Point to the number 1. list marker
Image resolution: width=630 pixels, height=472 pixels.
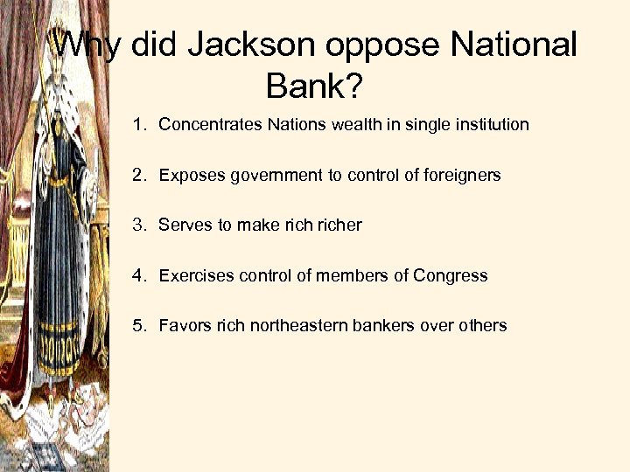(x=140, y=125)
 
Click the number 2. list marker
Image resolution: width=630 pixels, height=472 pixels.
(x=140, y=176)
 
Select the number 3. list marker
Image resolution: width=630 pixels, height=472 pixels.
(x=140, y=226)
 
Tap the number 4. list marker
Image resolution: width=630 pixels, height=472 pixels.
(x=140, y=276)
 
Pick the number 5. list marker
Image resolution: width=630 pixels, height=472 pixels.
(x=140, y=326)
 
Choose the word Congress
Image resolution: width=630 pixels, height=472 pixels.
(x=451, y=276)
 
